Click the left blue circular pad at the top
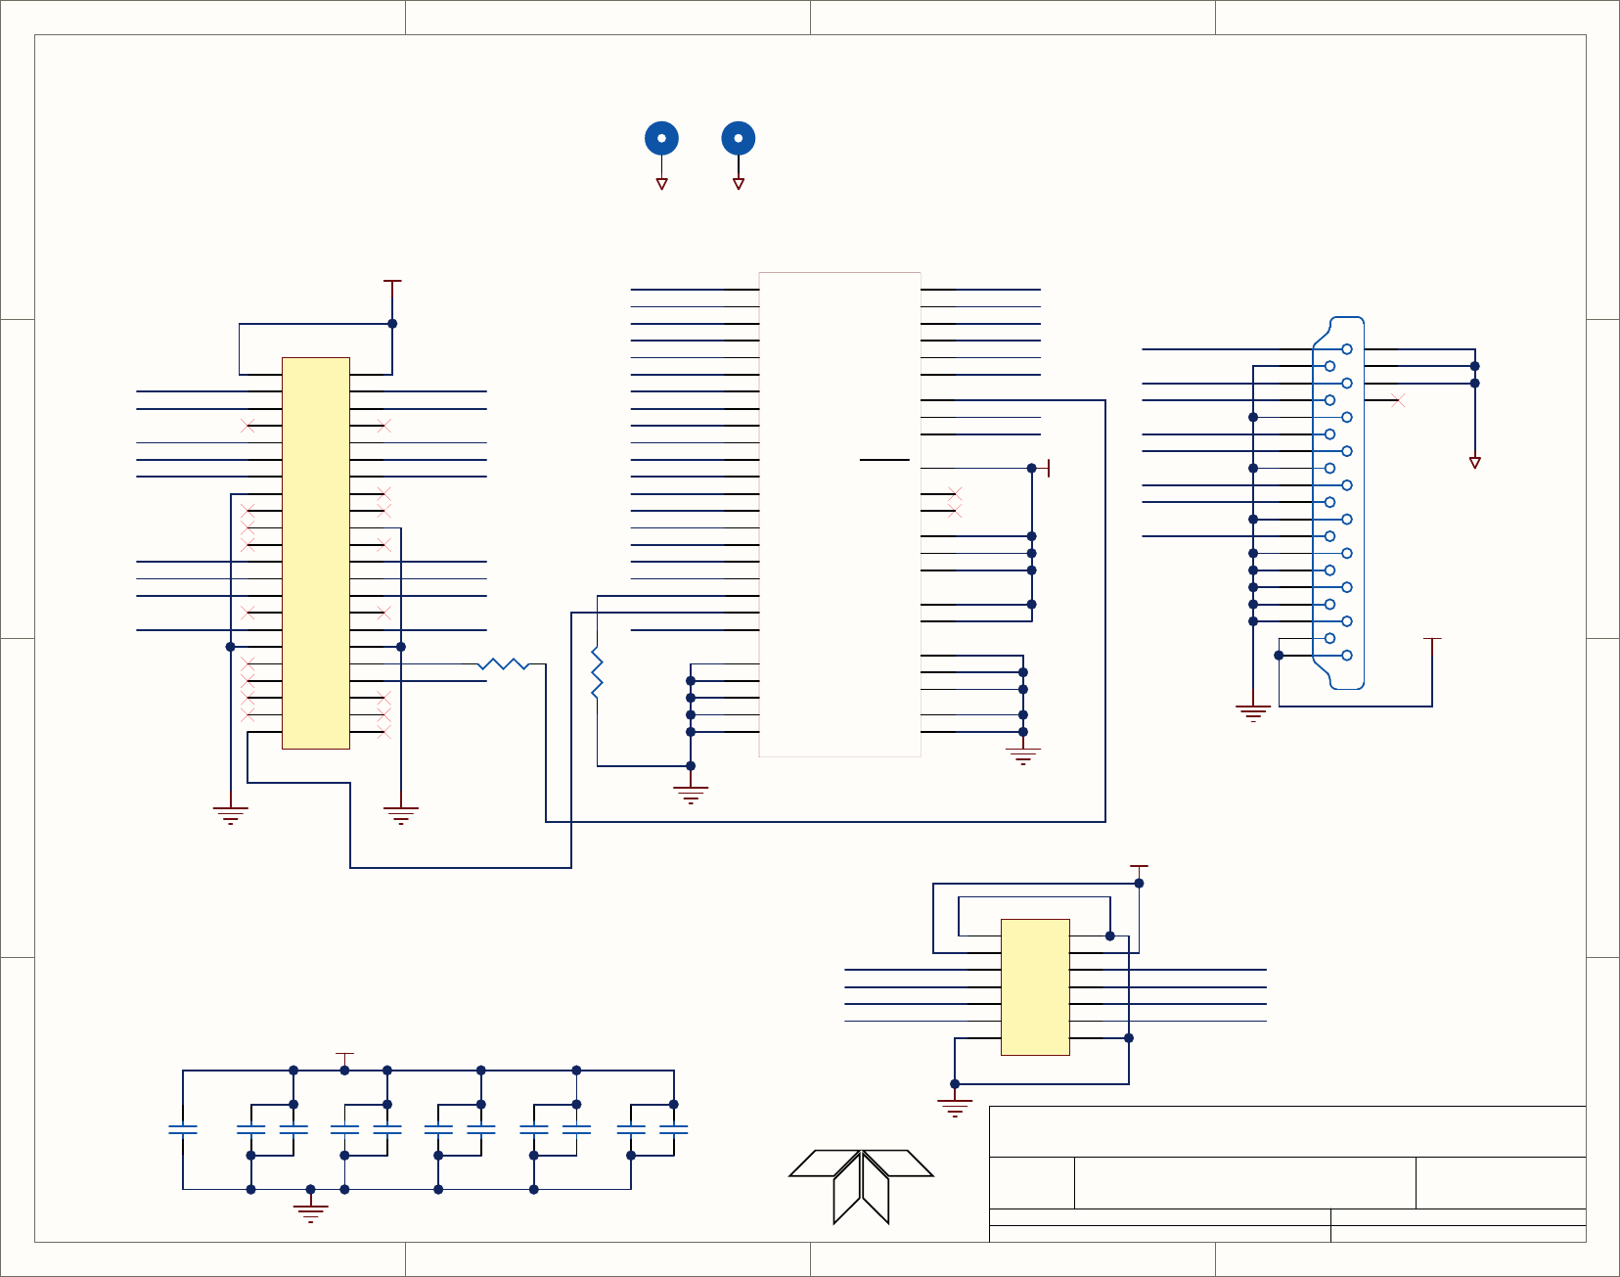[x=661, y=138]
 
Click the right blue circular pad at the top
[x=739, y=138]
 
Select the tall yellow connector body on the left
[x=316, y=553]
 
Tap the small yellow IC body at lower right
[x=1035, y=986]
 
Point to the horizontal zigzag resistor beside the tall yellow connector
[x=504, y=664]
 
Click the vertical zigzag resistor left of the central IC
[x=597, y=672]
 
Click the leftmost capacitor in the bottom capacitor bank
[x=183, y=1129]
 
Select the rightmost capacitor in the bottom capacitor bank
[x=674, y=1129]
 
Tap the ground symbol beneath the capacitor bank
[x=310, y=1211]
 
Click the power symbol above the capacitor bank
[x=344, y=1057]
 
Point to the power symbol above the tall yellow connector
[x=392, y=284]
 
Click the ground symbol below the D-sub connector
[x=1253, y=711]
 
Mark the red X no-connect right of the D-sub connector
[x=1398, y=400]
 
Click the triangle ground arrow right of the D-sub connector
[x=1475, y=462]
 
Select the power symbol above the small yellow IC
[x=1139, y=868]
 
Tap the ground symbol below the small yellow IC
[x=955, y=1107]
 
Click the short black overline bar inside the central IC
[x=884, y=459]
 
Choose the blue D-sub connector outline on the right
[x=1338, y=503]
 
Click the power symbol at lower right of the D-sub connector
[x=1432, y=641]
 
